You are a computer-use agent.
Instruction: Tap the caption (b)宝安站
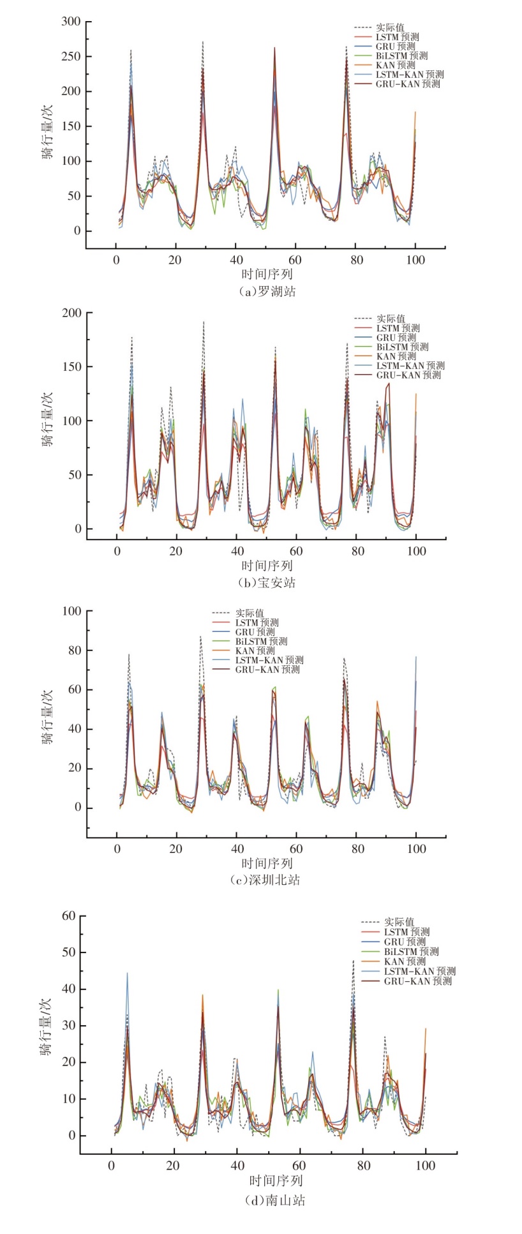pyautogui.click(x=267, y=583)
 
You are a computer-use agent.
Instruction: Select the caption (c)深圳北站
pyautogui.click(x=265, y=880)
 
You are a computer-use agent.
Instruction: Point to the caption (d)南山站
pyautogui.click(x=275, y=1200)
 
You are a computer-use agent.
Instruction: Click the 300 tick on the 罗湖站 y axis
pyautogui.click(x=71, y=22)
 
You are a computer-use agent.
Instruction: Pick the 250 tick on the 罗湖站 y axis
pyautogui.click(x=71, y=57)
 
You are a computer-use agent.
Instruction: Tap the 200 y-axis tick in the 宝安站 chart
pyautogui.click(x=71, y=313)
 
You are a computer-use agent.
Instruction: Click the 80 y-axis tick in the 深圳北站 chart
pyautogui.click(x=74, y=651)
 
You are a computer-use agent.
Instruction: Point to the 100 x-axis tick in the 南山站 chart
pyautogui.click(x=425, y=1166)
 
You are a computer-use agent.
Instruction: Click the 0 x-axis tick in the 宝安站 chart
pyautogui.click(x=116, y=551)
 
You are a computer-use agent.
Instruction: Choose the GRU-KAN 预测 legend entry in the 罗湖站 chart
pyautogui.click(x=407, y=84)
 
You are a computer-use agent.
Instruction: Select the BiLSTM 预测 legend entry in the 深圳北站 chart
pyautogui.click(x=261, y=641)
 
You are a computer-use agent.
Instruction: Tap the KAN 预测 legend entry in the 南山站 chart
pyautogui.click(x=405, y=961)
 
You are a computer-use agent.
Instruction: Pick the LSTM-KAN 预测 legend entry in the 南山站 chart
pyautogui.click(x=419, y=971)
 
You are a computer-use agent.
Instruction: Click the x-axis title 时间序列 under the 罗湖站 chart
pyautogui.click(x=267, y=275)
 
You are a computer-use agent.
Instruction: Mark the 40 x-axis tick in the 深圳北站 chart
pyautogui.click(x=237, y=849)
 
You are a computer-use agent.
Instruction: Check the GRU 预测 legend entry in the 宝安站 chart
pyautogui.click(x=396, y=338)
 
